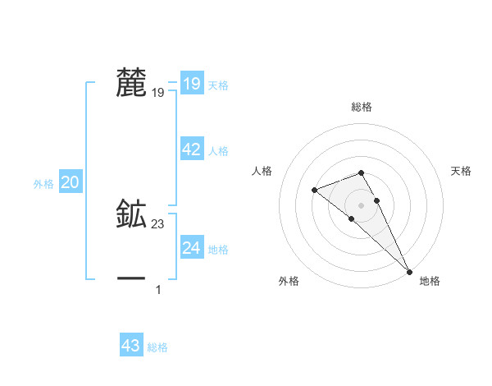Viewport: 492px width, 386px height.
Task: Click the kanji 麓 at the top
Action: click(132, 83)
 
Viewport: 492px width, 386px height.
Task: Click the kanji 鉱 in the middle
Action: click(132, 214)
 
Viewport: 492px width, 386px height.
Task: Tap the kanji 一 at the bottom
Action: click(132, 278)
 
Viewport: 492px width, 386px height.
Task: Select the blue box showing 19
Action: click(191, 84)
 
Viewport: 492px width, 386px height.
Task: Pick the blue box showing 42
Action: click(191, 149)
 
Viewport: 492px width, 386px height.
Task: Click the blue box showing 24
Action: click(191, 248)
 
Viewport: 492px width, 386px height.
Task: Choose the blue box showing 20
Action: click(70, 183)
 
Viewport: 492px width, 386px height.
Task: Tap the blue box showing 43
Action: click(131, 346)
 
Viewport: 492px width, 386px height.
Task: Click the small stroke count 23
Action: click(158, 223)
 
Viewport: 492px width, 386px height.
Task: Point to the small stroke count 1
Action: click(158, 289)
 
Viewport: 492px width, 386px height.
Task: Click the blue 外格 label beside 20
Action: click(43, 184)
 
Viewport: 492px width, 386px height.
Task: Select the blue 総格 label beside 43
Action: click(157, 347)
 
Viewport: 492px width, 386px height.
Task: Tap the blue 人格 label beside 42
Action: click(218, 151)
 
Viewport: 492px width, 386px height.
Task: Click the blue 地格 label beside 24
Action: click(218, 250)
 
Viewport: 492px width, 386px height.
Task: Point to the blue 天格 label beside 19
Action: click(218, 85)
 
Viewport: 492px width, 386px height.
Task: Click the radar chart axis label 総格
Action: click(362, 107)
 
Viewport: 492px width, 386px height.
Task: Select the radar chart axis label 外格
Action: click(289, 282)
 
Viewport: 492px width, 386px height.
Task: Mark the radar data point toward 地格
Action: click(409, 271)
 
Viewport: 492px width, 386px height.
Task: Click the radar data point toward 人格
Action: click(314, 191)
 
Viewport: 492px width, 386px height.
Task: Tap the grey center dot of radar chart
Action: click(361, 204)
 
